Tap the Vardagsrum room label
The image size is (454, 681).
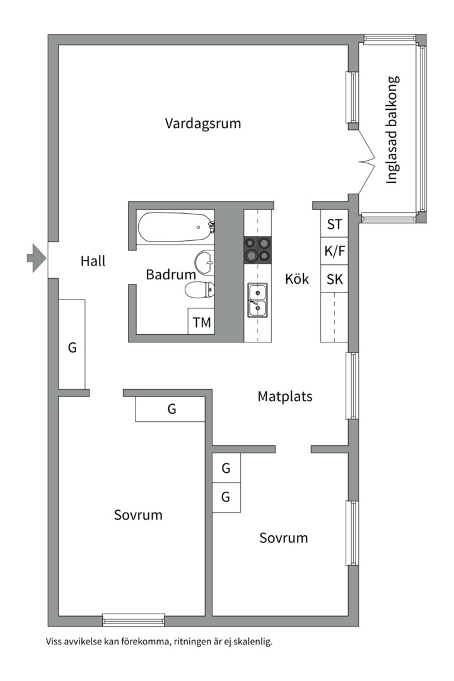click(203, 123)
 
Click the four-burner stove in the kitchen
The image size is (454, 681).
click(258, 248)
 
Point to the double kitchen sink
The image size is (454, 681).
click(257, 300)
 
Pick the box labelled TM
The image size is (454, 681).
click(202, 322)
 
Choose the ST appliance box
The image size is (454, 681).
click(334, 224)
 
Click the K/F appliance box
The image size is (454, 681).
click(334, 252)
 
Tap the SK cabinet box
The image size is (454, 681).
click(334, 279)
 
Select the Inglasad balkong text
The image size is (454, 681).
click(392, 130)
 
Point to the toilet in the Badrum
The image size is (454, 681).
click(200, 289)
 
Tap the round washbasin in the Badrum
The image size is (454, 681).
click(205, 260)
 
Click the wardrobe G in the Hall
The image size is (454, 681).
click(72, 346)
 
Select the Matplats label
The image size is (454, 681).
click(285, 397)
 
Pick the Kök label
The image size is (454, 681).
click(297, 279)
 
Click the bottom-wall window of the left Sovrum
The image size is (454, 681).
click(134, 620)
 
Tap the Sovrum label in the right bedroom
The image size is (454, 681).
click(284, 538)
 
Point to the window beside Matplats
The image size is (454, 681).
click(352, 386)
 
